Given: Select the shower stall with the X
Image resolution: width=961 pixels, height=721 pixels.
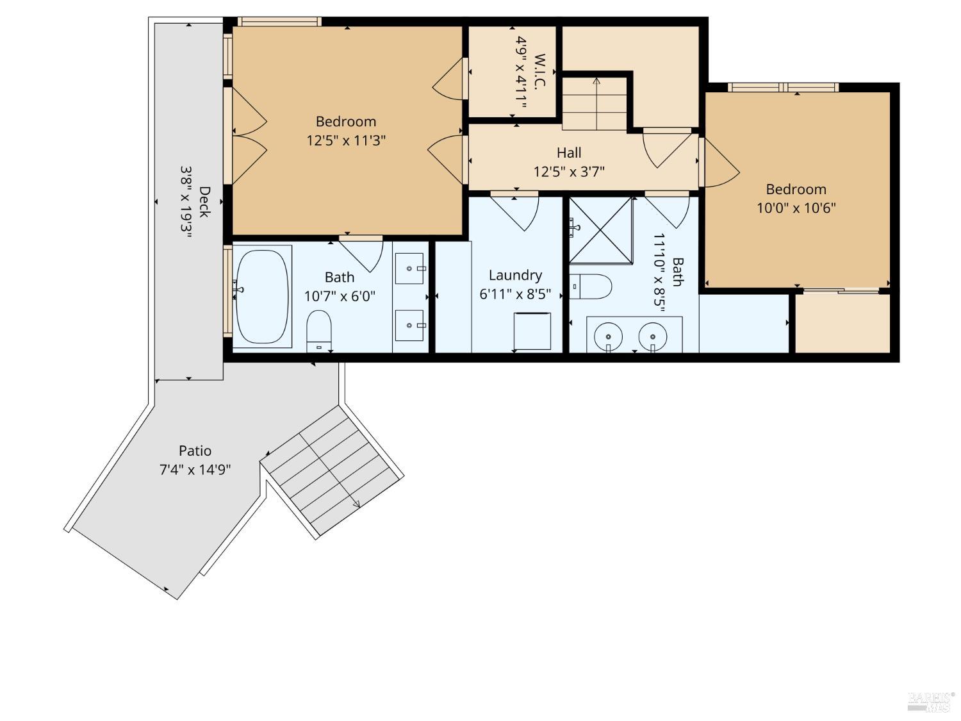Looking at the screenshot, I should coord(600,231).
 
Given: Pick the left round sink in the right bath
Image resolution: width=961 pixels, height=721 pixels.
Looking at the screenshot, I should coord(607,336).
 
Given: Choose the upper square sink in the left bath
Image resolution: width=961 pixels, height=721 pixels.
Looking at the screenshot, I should coord(409,268).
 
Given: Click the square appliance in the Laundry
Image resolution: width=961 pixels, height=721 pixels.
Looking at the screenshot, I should coord(532,331).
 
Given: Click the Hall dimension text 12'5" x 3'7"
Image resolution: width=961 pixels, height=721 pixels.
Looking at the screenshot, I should coord(569,172).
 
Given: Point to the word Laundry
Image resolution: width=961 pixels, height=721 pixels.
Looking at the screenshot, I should coord(515,275).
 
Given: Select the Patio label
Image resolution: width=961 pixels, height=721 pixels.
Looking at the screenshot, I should coord(195,451).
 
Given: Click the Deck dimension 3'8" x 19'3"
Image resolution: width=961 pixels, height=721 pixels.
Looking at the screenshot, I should coord(186,203).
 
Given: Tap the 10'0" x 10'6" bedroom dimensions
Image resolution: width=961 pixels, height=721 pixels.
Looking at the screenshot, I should coord(796,208).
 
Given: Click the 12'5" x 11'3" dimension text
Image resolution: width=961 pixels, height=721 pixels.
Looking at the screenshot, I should coord(346,140).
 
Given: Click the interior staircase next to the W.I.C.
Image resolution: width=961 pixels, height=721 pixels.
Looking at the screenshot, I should coord(594,103).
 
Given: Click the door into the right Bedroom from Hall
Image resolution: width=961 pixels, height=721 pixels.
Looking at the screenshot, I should coord(719,163).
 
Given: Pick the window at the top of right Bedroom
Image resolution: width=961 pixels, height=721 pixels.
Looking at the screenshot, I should coord(784,87).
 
